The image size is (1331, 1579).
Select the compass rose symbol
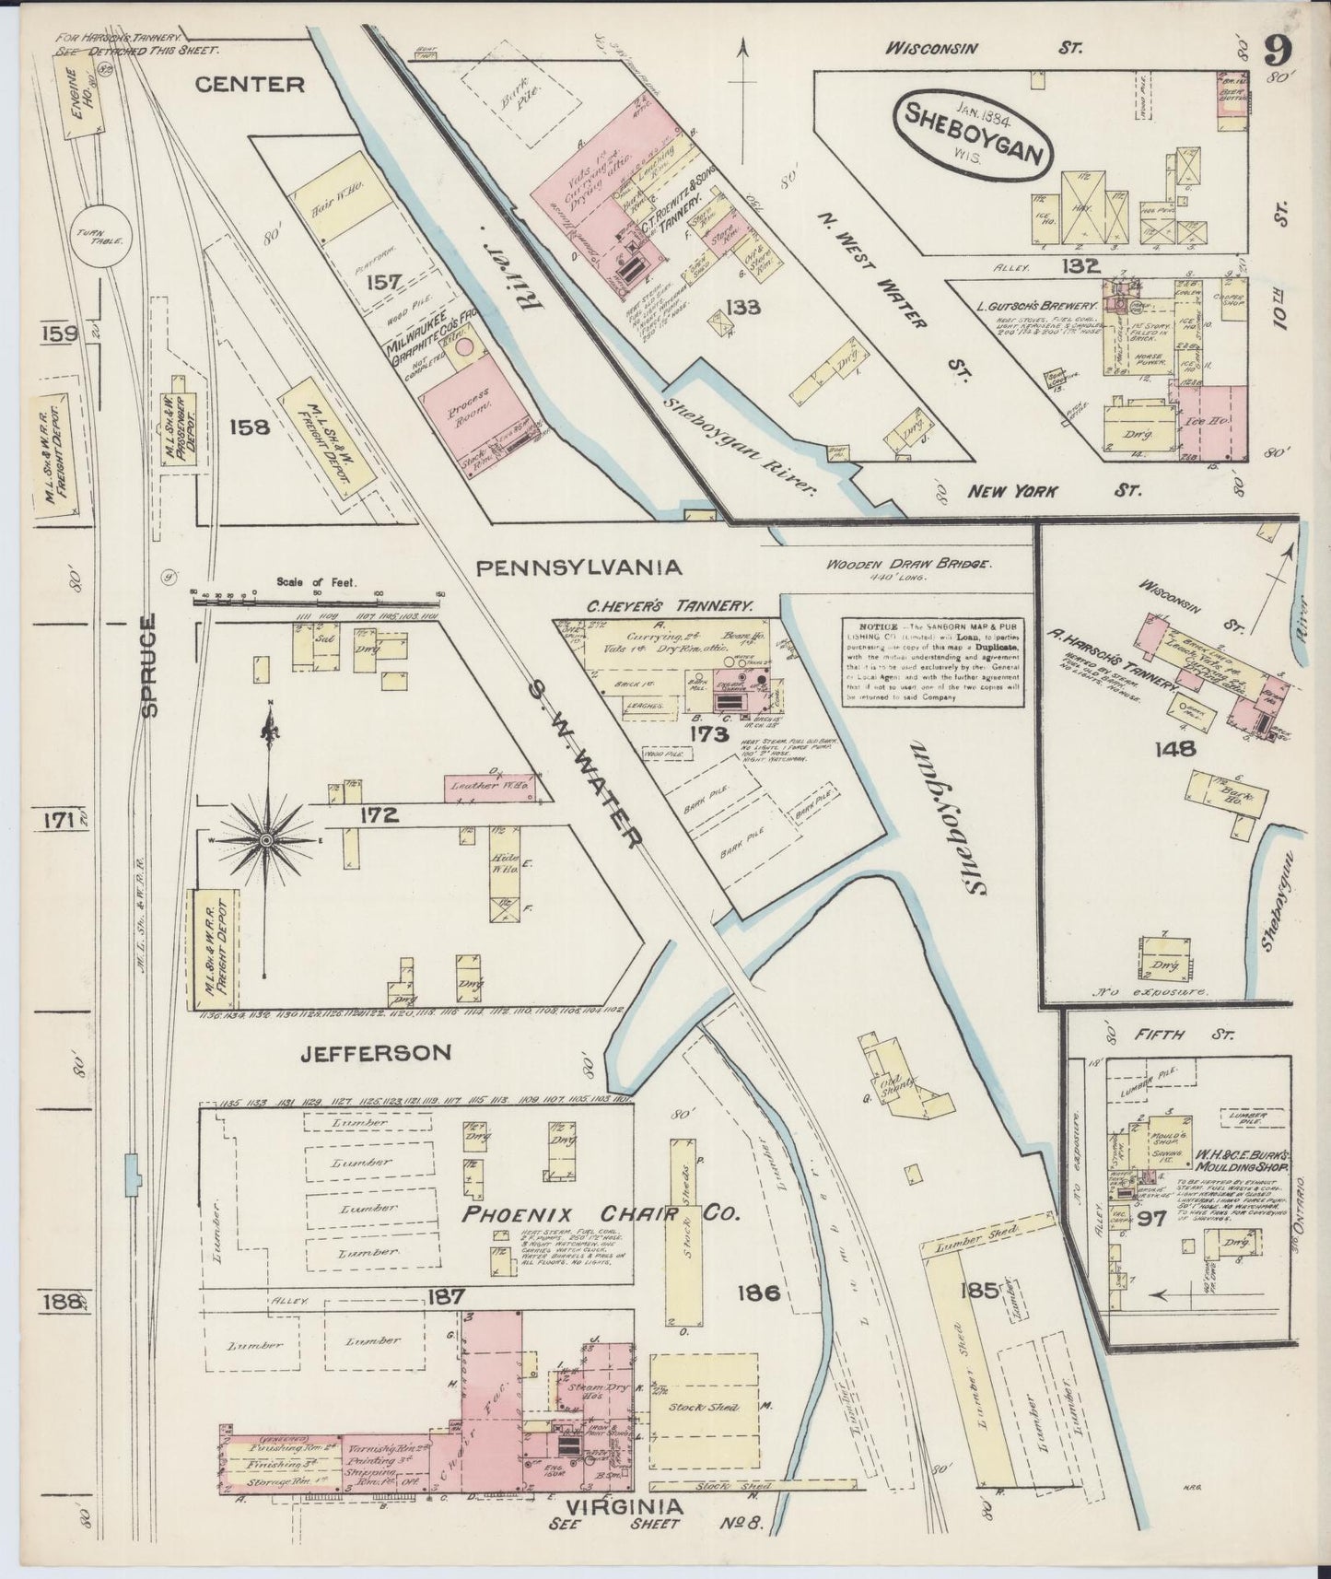(x=266, y=839)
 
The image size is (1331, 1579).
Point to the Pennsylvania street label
(x=578, y=567)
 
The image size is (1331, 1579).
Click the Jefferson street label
(x=375, y=1052)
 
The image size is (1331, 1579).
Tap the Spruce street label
(x=150, y=665)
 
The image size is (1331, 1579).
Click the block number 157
(x=385, y=282)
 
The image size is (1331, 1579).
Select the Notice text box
(x=934, y=661)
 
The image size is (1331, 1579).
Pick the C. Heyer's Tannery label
(x=671, y=606)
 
